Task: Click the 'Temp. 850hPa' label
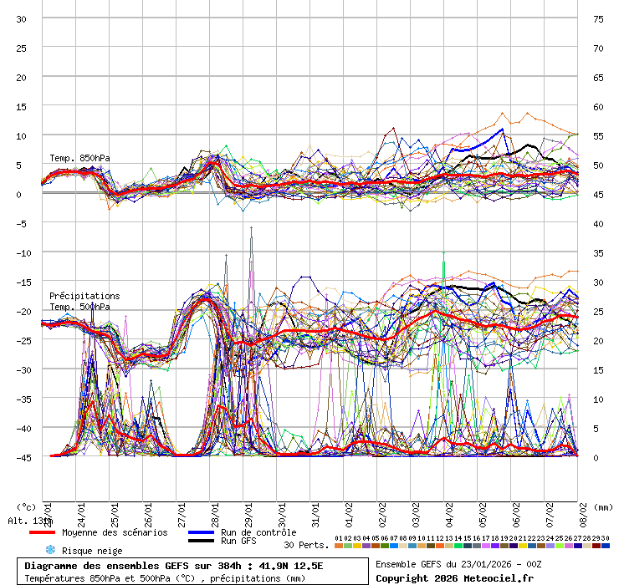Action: tap(79, 159)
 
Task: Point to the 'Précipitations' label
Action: tap(84, 296)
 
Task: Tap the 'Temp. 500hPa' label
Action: tap(79, 307)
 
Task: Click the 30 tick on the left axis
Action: tap(22, 19)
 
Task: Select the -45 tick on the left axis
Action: tap(22, 457)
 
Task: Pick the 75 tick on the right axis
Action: tap(598, 19)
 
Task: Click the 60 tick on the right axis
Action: tap(598, 107)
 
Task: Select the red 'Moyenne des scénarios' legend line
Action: tap(42, 532)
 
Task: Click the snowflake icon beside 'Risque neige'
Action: tap(49, 550)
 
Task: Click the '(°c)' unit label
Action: tap(26, 507)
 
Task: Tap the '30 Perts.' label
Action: tap(306, 545)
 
